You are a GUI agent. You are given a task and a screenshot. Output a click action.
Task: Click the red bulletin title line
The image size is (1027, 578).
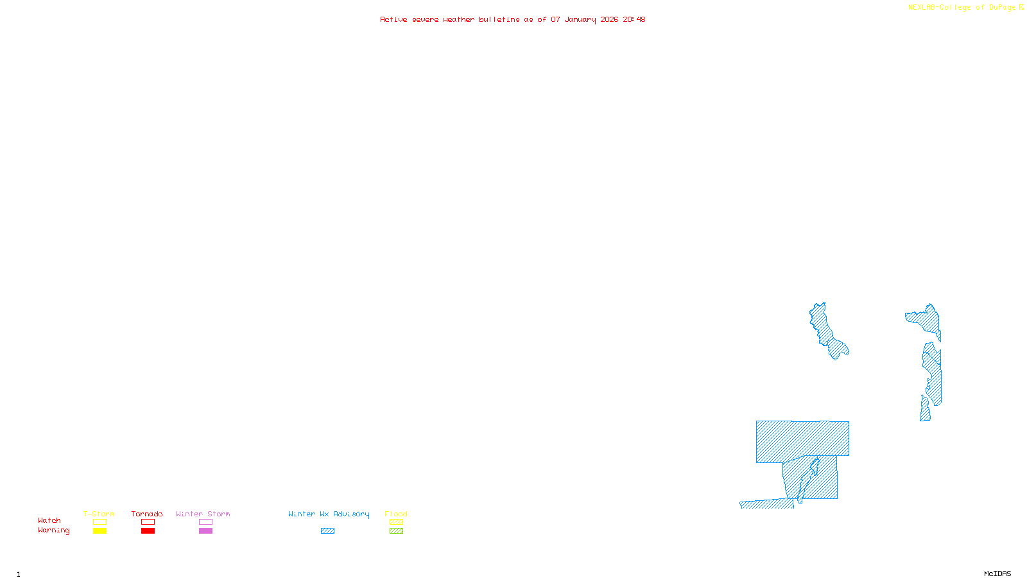pyautogui.click(x=512, y=19)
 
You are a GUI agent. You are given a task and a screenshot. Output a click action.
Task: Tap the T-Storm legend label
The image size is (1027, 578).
pyautogui.click(x=99, y=514)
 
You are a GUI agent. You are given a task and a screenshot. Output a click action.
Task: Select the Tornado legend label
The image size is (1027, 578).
pyautogui.click(x=147, y=514)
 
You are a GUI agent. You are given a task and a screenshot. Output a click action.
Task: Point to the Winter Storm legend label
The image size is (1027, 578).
pyautogui.click(x=203, y=514)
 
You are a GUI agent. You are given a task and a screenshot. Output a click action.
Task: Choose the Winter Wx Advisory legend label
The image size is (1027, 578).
pyautogui.click(x=329, y=514)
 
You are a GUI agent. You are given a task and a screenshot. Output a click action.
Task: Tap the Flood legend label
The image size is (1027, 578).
pyautogui.click(x=396, y=514)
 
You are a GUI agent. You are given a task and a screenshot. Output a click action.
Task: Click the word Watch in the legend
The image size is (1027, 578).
pyautogui.click(x=49, y=520)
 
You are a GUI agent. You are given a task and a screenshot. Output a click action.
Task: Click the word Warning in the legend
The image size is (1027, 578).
pyautogui.click(x=54, y=530)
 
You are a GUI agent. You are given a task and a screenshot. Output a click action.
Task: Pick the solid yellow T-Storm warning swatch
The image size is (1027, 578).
pyautogui.click(x=99, y=531)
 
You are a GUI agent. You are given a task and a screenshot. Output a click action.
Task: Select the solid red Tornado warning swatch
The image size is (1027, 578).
pyautogui.click(x=148, y=531)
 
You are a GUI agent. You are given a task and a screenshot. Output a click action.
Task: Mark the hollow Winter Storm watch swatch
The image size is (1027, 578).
pyautogui.click(x=205, y=522)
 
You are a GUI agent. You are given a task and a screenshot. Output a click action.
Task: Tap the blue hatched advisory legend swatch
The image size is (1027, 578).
pyautogui.click(x=327, y=531)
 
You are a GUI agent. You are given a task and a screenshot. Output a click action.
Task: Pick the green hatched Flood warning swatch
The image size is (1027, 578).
pyautogui.click(x=396, y=531)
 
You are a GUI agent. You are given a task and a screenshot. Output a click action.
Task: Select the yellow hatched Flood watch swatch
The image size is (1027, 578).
pyautogui.click(x=396, y=522)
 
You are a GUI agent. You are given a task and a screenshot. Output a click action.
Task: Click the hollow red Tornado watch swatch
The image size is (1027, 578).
pyautogui.click(x=148, y=522)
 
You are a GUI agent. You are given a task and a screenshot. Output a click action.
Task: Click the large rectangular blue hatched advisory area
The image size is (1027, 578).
pyautogui.click(x=802, y=441)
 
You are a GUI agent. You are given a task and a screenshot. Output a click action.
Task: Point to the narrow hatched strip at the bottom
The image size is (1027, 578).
pyautogui.click(x=766, y=504)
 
